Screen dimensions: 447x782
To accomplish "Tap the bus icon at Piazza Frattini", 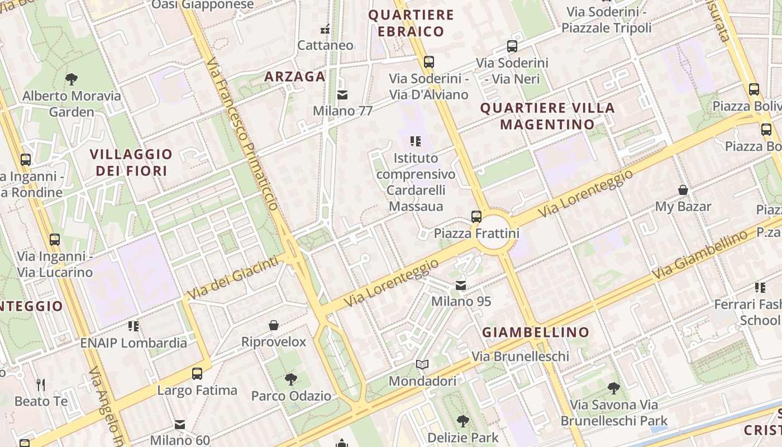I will pos(476,217).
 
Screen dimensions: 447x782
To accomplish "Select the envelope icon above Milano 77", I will pos(342,95).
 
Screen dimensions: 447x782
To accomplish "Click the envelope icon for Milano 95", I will pos(461,286).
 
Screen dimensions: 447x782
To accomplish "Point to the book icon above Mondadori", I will pos(422,365).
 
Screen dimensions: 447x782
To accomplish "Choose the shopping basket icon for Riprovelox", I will pos(274,325).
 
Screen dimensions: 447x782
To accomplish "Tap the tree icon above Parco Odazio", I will pos(290,379).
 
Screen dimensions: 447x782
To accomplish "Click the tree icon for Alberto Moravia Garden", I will pos(71,79).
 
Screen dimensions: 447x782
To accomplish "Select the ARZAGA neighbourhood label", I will pos(295,77).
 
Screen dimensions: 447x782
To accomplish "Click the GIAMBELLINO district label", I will pos(536,332).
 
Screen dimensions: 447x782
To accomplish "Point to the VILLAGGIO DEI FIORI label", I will pos(131,162).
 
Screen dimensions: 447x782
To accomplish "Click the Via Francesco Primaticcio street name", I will pos(242,134).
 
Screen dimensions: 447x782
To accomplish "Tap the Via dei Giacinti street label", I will pos(232,278).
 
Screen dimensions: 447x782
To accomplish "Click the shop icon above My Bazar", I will pos(683,191).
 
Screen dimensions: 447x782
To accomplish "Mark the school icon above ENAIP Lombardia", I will pos(133,326).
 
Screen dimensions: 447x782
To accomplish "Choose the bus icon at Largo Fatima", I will pos(197,374).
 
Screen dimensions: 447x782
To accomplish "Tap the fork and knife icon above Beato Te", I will pos(40,384).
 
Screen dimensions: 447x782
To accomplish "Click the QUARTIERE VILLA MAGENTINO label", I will pos(547,116).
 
